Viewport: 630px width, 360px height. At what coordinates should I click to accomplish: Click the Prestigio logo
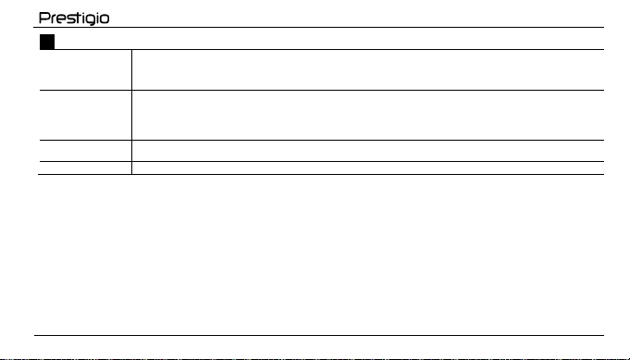tap(74, 19)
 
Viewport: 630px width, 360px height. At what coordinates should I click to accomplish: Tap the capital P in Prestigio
tap(43, 18)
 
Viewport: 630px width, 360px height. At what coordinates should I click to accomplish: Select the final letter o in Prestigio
tap(105, 19)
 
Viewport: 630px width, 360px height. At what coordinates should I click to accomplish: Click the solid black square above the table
tap(47, 42)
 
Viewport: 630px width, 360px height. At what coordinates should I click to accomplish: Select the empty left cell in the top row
tap(86, 70)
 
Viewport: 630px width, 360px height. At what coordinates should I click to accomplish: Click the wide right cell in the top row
tap(368, 70)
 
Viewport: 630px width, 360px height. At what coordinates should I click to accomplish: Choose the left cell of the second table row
tap(86, 116)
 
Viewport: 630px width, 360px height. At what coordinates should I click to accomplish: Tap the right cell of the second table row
tap(368, 116)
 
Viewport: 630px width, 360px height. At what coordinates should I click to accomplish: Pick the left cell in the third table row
tap(86, 151)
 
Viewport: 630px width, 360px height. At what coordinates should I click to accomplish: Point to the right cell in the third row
tap(368, 151)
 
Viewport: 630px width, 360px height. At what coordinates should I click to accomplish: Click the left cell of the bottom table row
tap(86, 168)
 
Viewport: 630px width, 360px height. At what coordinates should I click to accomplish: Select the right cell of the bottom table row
tap(368, 168)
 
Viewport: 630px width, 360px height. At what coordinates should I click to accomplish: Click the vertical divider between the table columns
tap(131, 112)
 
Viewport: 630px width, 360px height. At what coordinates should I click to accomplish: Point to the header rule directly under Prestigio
tap(318, 28)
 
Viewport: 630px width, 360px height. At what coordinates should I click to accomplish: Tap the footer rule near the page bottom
tap(319, 335)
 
